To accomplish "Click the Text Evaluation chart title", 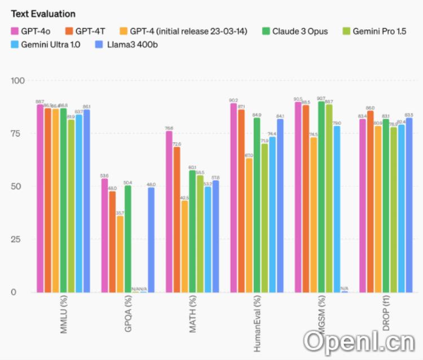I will click(x=43, y=14).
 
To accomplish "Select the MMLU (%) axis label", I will click(x=63, y=317).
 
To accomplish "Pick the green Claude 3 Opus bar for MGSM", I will click(x=321, y=197).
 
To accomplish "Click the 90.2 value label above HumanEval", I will click(x=233, y=100).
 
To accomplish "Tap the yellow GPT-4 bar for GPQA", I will click(x=120, y=254).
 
